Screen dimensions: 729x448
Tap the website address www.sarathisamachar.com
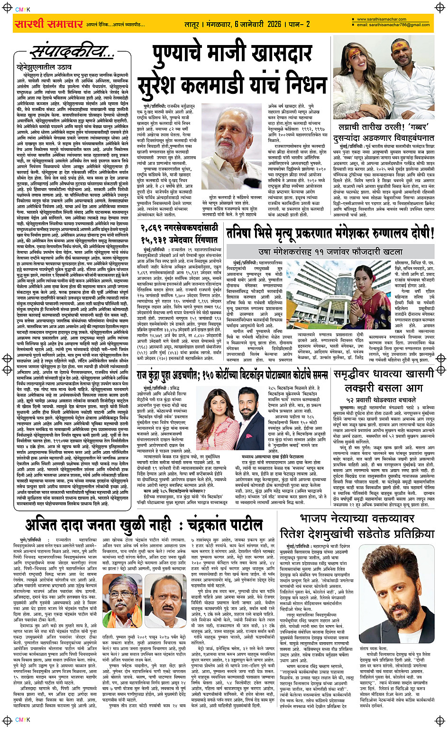click(382, 19)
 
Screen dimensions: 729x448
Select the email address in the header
click(393, 25)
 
